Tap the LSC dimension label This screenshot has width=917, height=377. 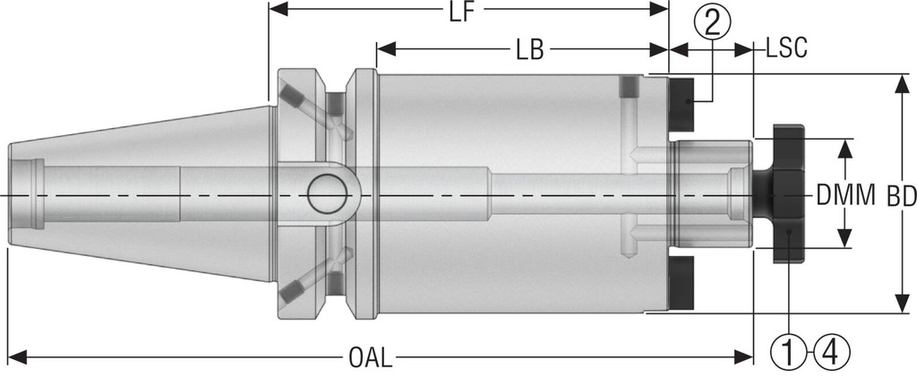tap(787, 50)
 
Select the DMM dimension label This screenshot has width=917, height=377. tap(845, 194)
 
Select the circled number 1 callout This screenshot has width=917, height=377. tap(788, 353)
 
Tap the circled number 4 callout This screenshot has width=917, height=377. tap(829, 353)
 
